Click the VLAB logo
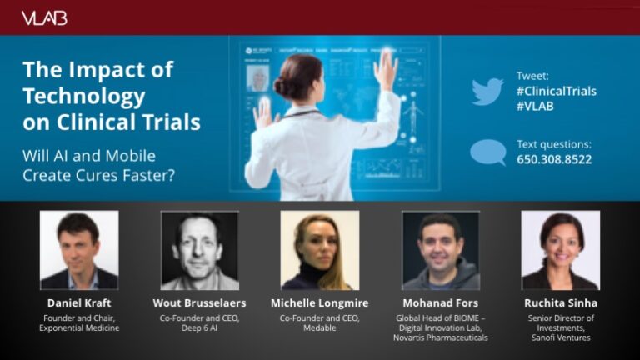tap(44, 18)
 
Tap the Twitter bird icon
tap(487, 92)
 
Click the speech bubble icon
tap(488, 152)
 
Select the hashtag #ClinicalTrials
tap(557, 91)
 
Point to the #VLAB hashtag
tap(535, 106)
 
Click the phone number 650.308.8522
tap(554, 159)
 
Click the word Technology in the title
tap(84, 97)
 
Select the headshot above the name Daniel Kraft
tap(79, 250)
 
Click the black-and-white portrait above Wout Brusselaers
tap(200, 250)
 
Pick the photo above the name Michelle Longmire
tap(320, 250)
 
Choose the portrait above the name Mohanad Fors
tap(441, 250)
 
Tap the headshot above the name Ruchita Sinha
tap(561, 250)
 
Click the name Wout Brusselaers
tap(200, 302)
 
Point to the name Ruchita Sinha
tap(561, 302)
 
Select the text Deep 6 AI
tap(200, 327)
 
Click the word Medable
tap(320, 327)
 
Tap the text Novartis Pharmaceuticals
tap(441, 337)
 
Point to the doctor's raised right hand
tap(386, 68)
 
